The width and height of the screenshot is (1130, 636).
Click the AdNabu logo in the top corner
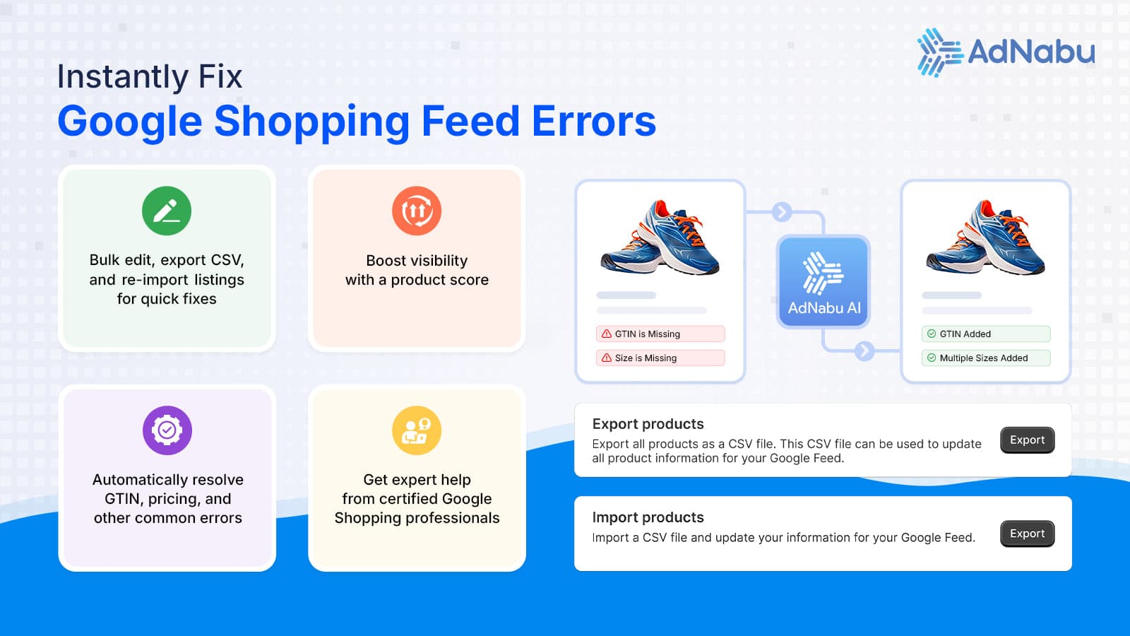tap(1006, 52)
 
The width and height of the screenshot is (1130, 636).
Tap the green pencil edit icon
tap(167, 211)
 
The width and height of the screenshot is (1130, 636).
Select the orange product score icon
tap(417, 211)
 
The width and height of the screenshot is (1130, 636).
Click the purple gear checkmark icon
tap(167, 430)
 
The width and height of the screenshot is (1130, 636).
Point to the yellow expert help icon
tap(417, 430)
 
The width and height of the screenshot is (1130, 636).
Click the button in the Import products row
tap(1027, 534)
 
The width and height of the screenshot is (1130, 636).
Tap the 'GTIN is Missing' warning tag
tap(660, 334)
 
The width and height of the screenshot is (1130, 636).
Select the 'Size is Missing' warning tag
tap(660, 358)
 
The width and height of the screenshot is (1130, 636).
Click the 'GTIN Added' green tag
tap(986, 334)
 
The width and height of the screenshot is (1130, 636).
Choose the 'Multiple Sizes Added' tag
tap(986, 358)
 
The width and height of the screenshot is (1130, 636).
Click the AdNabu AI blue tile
tap(823, 282)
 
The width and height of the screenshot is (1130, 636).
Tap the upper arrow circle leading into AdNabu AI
tap(781, 212)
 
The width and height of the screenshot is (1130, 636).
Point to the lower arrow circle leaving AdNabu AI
tap(864, 351)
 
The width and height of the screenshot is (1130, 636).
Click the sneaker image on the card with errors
tap(660, 236)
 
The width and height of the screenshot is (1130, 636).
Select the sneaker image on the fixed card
tap(985, 236)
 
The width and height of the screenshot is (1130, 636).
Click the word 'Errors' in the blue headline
tap(594, 121)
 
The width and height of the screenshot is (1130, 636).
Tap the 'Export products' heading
tap(648, 424)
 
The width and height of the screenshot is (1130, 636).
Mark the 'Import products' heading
tap(648, 517)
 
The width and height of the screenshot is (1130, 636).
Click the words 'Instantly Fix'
tap(150, 77)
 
